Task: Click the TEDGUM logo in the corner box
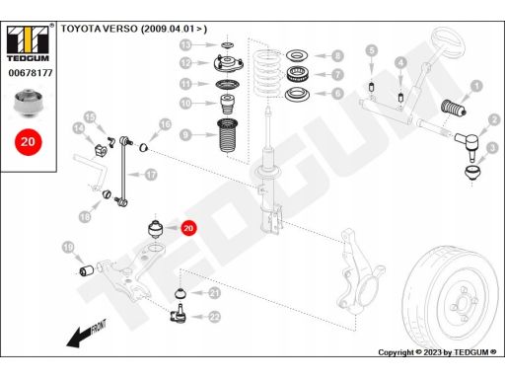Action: click(x=28, y=43)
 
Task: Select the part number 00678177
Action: click(x=31, y=73)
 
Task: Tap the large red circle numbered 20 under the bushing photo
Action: click(x=29, y=142)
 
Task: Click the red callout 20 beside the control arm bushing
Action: click(x=188, y=228)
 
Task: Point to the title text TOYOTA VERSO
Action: click(x=99, y=29)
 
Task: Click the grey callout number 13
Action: click(x=185, y=44)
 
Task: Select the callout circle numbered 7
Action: click(x=337, y=74)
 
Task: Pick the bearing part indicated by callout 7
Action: click(x=297, y=74)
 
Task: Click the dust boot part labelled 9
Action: click(x=228, y=135)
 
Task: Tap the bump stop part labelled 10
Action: click(x=227, y=104)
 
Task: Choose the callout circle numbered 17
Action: click(x=151, y=175)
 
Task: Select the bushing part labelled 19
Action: click(x=87, y=270)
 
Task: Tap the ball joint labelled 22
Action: click(x=179, y=314)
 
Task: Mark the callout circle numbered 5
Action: click(x=372, y=50)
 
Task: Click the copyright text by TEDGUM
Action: click(x=437, y=352)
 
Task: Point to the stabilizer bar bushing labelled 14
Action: click(x=101, y=150)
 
